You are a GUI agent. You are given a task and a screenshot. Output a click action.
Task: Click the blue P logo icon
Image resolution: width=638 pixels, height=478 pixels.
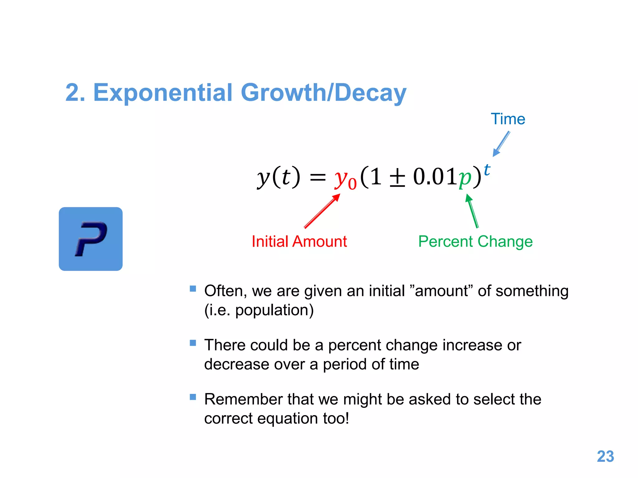[91, 239]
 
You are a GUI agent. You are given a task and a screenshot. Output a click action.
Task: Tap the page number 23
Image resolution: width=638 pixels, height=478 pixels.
[605, 457]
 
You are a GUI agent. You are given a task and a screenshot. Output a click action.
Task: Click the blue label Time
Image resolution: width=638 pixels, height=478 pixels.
[508, 119]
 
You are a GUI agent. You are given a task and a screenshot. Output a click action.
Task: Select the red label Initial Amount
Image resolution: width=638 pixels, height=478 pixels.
[299, 241]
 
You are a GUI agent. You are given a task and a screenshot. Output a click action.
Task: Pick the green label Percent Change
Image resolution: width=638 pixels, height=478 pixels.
[475, 241]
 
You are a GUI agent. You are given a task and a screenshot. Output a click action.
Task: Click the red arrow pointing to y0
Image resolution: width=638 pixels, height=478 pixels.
[322, 211]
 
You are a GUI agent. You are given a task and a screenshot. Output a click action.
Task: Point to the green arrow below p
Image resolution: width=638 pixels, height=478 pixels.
[472, 211]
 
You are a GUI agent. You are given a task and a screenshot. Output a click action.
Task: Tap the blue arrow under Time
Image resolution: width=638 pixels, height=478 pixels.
[501, 144]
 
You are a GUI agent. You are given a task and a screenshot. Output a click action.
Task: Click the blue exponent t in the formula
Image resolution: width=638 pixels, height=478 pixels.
[487, 170]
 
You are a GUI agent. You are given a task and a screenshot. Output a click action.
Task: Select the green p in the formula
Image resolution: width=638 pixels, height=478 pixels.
[465, 178]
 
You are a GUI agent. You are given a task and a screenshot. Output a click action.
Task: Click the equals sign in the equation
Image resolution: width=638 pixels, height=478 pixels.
[317, 178]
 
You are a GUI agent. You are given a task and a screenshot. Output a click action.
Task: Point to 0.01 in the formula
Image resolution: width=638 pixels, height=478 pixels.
[435, 176]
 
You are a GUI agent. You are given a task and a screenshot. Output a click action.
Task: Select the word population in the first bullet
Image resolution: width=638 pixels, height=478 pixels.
[271, 310]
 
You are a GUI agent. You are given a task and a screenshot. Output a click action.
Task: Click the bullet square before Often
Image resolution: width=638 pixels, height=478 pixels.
[193, 289]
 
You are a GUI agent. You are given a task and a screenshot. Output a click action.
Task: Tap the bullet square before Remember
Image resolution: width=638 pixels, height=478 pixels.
[193, 397]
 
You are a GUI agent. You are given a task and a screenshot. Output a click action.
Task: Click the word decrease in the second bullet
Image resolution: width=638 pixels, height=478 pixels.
[236, 364]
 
